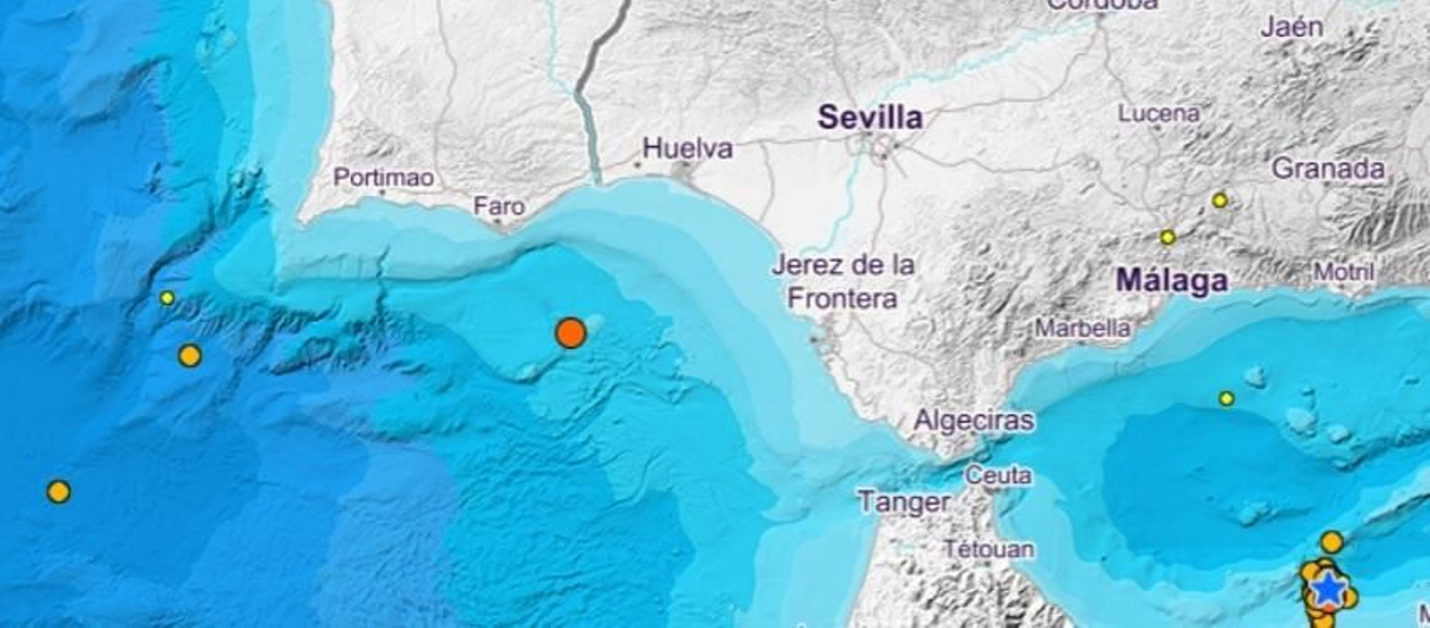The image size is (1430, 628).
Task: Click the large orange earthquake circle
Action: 570,333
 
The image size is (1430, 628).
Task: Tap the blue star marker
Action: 1329,589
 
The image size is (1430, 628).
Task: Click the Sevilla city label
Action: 871,117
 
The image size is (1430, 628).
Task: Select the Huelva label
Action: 688,148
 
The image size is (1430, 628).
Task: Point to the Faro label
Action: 499,206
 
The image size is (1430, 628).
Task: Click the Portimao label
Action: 383,177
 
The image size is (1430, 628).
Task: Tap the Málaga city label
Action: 1172,281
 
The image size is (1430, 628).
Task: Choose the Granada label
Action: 1328,168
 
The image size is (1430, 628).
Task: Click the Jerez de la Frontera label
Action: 843,281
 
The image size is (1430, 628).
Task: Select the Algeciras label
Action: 973,420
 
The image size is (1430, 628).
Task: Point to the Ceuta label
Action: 998,476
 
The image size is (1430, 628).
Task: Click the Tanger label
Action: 903,501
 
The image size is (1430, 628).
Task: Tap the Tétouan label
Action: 989,548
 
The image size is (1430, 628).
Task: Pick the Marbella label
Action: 1082,328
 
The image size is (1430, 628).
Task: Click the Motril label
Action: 1343,271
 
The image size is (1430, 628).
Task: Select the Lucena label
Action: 1158,113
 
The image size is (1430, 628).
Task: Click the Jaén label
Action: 1291,28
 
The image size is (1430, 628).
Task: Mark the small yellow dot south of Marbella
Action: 1227,398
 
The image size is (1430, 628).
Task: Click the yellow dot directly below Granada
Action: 1220,201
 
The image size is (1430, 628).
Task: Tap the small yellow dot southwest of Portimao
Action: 167,298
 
